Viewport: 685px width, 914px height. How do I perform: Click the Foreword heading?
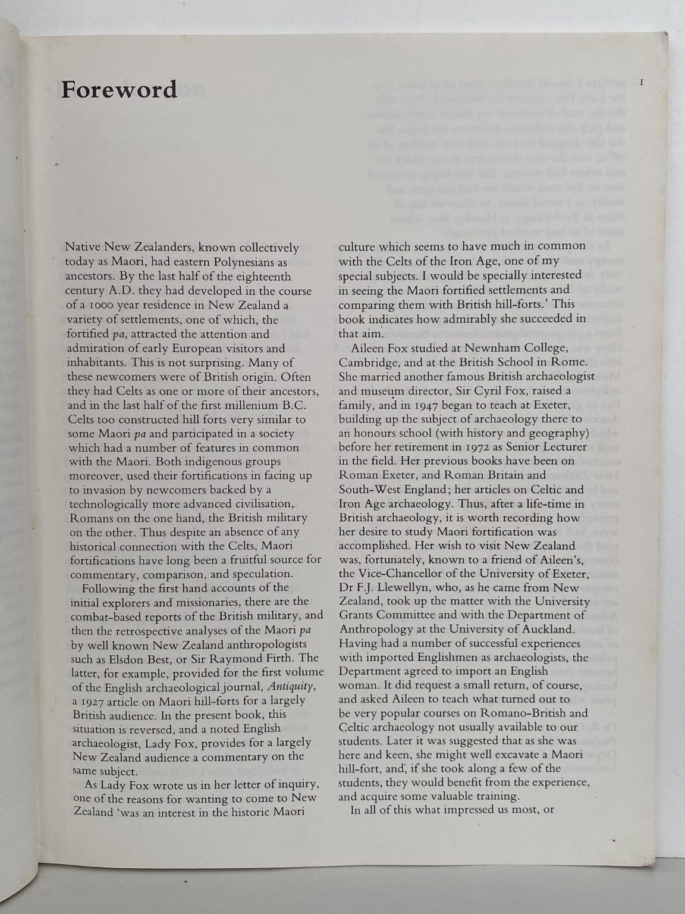click(x=119, y=89)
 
